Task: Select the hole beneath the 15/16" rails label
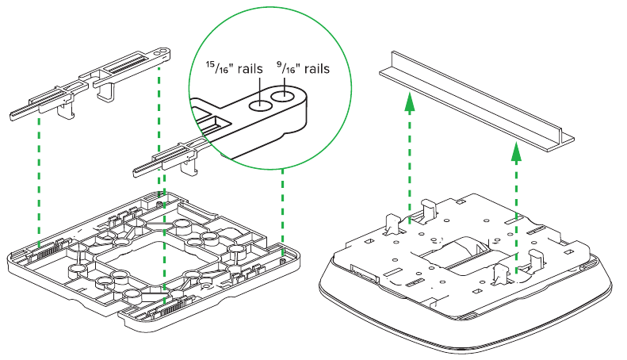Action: pyautogui.click(x=260, y=105)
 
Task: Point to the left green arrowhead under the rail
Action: pyautogui.click(x=408, y=101)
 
